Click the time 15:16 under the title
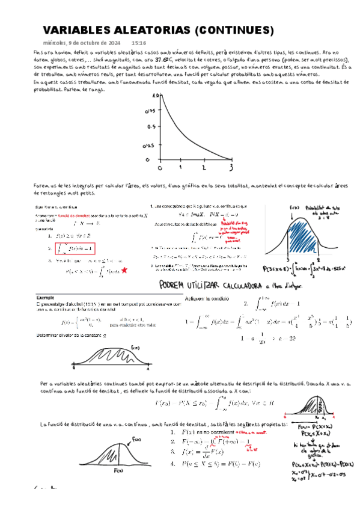point(138,43)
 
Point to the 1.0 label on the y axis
point(155,95)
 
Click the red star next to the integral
point(124,271)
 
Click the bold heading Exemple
point(45,298)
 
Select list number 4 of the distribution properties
point(172,463)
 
